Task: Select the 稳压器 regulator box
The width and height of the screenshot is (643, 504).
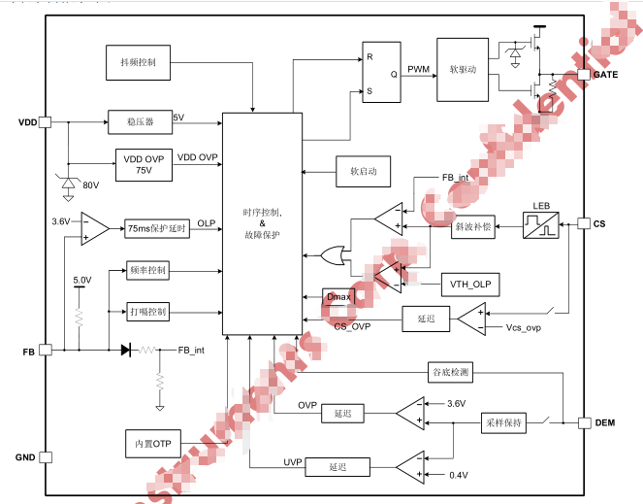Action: tap(140, 122)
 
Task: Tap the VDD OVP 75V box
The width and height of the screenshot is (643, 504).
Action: tap(144, 163)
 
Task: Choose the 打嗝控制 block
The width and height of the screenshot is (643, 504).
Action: tap(147, 312)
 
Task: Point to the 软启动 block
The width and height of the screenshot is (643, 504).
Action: tap(363, 172)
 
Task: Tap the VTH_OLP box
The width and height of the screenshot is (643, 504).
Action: tap(469, 284)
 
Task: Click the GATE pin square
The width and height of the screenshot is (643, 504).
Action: tap(584, 75)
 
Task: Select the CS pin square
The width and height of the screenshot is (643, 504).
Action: tap(584, 224)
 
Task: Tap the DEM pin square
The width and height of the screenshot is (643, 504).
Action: tap(584, 422)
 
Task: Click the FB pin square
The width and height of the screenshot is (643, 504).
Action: tap(45, 350)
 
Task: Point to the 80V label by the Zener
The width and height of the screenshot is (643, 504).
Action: tap(91, 185)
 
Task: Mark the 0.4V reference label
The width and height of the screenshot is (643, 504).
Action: tap(458, 475)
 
